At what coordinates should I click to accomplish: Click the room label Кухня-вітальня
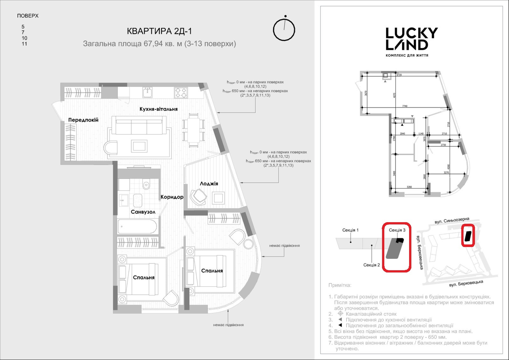(158, 109)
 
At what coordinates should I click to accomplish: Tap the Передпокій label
(83, 120)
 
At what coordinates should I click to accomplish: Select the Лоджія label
(209, 184)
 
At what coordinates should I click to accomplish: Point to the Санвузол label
(143, 212)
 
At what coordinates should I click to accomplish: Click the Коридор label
(172, 197)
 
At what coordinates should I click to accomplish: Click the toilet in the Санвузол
(146, 185)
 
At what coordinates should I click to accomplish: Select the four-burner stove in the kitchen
(181, 93)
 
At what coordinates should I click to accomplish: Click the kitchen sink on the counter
(147, 93)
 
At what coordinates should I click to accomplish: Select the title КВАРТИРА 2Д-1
(159, 31)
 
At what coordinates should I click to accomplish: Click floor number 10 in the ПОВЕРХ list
(24, 38)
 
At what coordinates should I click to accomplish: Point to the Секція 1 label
(350, 230)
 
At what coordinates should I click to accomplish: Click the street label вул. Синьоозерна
(452, 221)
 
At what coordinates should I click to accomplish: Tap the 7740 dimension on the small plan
(405, 106)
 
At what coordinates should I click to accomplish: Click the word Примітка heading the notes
(340, 286)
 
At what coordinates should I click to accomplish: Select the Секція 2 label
(372, 265)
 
